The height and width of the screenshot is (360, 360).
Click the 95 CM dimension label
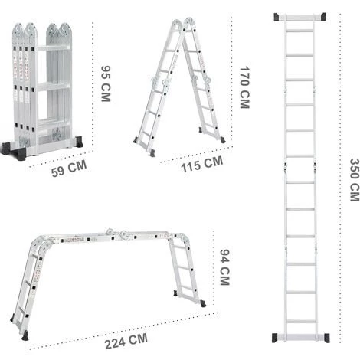pos(106,84)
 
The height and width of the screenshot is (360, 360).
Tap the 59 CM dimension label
pos(69,169)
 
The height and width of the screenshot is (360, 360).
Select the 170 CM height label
pos(244,87)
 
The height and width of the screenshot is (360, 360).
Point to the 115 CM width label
pos(202,164)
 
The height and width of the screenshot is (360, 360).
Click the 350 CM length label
pos(355,180)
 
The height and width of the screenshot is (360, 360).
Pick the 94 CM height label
pos(224,267)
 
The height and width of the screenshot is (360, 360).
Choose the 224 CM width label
pos(126,341)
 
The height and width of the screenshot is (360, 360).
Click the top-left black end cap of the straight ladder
pos(277,17)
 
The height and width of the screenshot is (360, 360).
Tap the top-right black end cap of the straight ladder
pos(322,17)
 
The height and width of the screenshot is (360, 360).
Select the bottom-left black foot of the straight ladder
pos(275,338)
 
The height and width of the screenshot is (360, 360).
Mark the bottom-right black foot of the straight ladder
pos(327,338)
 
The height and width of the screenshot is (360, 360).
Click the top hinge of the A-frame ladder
pos(183,25)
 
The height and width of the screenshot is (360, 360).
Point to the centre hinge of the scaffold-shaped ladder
pos(117,233)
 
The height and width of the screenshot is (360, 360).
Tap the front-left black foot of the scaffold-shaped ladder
pos(25,335)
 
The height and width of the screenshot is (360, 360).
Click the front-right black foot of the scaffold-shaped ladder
pos(203,303)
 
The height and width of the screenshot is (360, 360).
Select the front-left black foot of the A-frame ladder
pos(152,153)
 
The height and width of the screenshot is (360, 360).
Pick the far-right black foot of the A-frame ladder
pos(223,139)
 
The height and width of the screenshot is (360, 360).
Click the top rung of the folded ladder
pos(53,48)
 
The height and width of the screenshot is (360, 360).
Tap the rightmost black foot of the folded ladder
pos(79,142)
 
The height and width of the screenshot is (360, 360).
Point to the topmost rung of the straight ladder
pos(299,31)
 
